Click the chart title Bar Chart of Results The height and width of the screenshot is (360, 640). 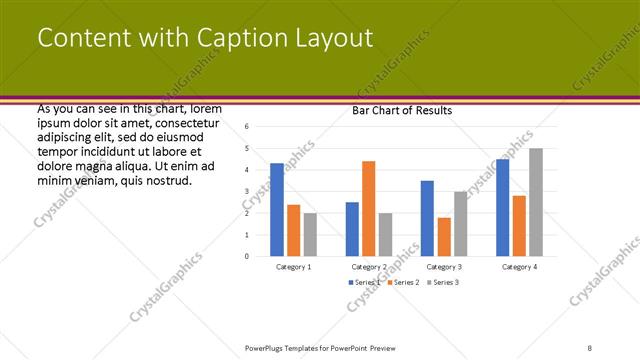pos(402,110)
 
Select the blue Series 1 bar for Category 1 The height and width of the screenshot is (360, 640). pos(277,209)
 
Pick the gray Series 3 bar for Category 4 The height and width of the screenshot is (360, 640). pos(536,202)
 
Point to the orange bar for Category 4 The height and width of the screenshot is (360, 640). pos(519,225)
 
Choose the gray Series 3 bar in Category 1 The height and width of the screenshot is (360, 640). pos(311,234)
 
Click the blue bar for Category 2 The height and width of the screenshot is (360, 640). pos(352,229)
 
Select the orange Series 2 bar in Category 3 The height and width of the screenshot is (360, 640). pos(444,236)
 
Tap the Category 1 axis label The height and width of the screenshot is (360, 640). pos(294,267)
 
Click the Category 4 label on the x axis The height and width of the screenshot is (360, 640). pos(519,267)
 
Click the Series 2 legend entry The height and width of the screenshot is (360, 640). pos(402,283)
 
